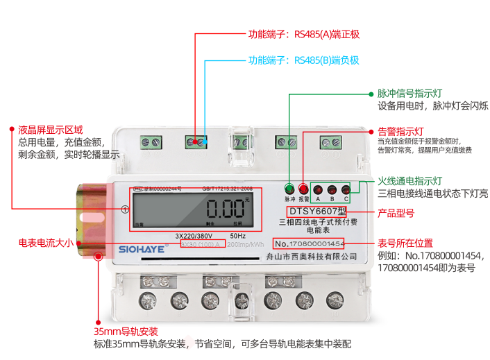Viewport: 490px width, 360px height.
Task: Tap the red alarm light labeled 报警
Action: click(303, 188)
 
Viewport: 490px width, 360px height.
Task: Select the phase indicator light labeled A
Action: click(318, 188)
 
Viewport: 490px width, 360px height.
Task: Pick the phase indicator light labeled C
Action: click(346, 188)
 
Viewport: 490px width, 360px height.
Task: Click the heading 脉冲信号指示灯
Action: click(410, 92)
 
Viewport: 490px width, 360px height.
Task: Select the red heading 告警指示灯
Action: click(400, 130)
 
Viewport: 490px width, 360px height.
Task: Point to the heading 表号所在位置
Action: click(405, 243)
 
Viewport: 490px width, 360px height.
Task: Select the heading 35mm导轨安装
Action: click(126, 331)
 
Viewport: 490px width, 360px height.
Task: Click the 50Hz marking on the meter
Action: click(237, 236)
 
